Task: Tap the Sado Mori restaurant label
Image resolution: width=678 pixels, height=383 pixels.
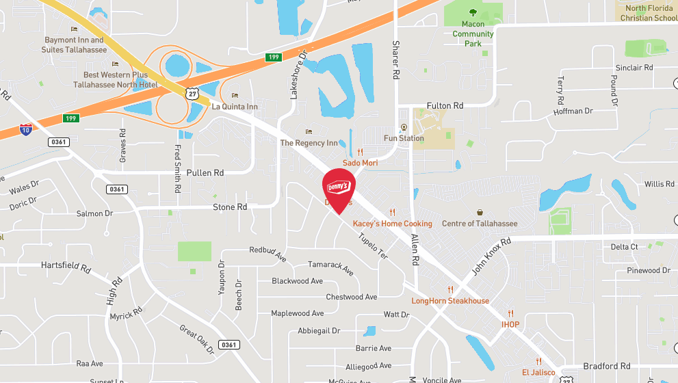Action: [360, 163]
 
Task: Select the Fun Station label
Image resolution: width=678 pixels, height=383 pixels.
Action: [404, 138]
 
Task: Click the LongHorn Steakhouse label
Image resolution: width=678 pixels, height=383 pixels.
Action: [450, 301]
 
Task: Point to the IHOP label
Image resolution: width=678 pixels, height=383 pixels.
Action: [510, 324]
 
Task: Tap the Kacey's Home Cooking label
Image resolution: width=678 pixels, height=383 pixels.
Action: [392, 224]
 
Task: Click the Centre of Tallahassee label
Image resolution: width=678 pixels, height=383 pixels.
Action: [480, 224]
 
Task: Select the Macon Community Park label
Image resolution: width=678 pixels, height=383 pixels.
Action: [473, 34]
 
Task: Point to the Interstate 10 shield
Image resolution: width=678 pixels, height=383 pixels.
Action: [26, 129]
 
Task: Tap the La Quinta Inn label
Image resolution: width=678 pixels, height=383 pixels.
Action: [235, 107]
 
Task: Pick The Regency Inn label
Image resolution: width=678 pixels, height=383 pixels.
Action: [309, 143]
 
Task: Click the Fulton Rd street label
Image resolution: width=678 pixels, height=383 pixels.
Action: [445, 106]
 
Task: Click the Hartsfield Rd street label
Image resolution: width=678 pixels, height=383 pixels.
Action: [66, 265]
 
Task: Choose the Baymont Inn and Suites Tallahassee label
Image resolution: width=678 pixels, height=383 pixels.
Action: [74, 45]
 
